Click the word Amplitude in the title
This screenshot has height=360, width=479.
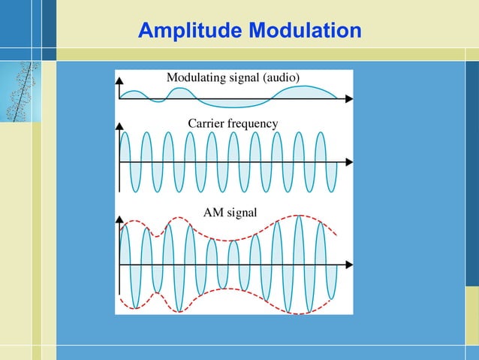[191, 31]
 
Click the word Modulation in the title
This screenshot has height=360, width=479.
[304, 31]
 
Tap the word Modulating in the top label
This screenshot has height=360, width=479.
[200, 78]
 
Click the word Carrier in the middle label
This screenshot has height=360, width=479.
[206, 123]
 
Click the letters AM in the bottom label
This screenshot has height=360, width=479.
[213, 212]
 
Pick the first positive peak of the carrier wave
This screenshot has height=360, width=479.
[125, 133]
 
